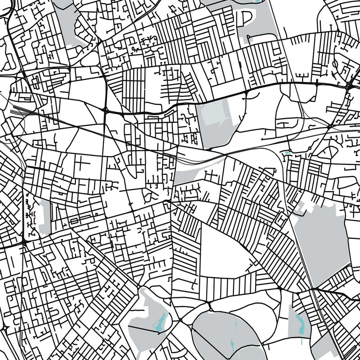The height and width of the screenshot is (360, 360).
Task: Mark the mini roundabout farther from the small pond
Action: [x=310, y=148]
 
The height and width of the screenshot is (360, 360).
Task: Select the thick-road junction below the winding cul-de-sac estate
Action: [x=25, y=242]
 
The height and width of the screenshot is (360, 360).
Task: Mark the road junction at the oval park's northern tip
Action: [x=210, y=308]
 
